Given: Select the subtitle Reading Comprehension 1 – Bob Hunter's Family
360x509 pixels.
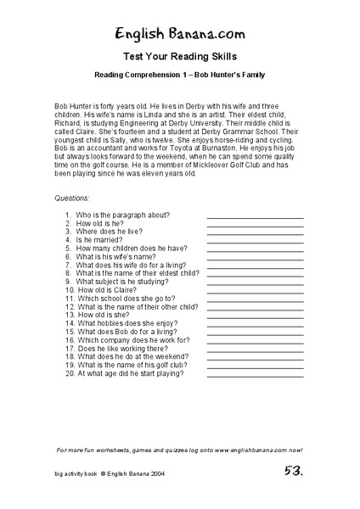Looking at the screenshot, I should point(180,76).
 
